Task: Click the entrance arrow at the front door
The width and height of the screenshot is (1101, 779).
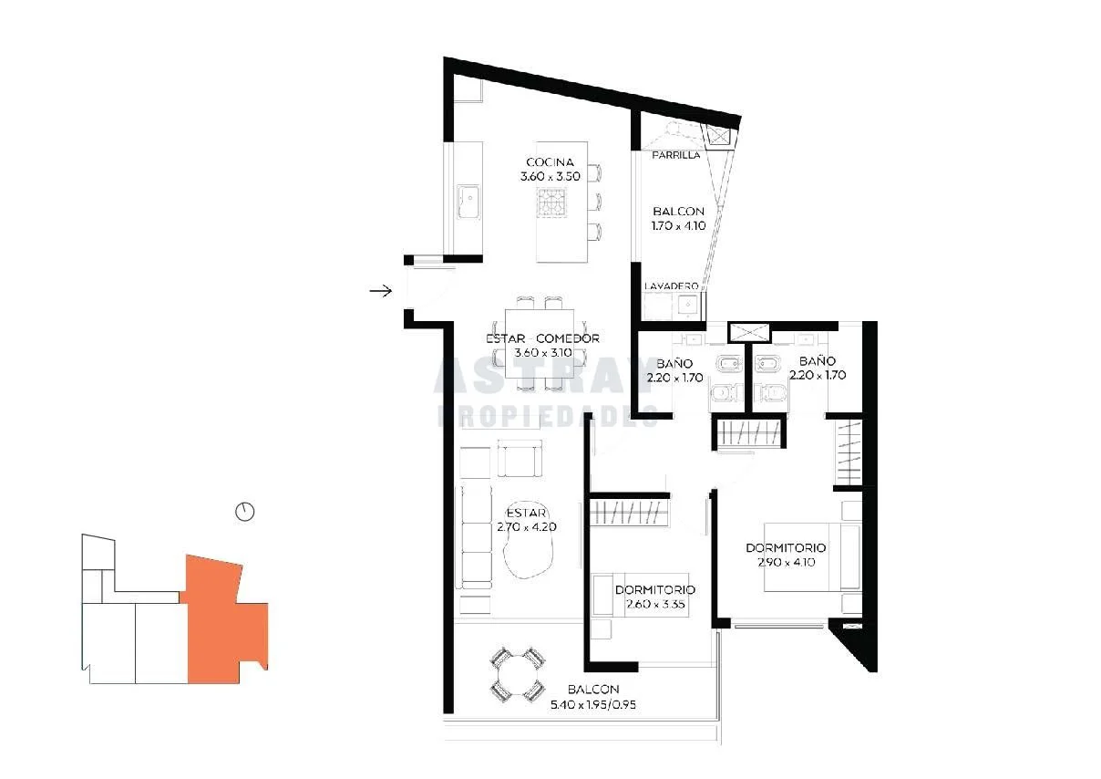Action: (x=380, y=291)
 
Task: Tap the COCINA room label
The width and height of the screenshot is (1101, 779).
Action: (x=550, y=162)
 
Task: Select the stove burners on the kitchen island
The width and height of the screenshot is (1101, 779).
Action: (x=551, y=203)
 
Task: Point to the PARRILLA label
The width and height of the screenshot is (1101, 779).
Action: (x=676, y=155)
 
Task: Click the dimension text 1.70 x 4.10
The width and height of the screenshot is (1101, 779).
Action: (x=678, y=226)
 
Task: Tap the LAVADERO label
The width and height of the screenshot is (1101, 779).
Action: (x=671, y=286)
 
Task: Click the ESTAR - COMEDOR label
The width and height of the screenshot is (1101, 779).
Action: (x=542, y=338)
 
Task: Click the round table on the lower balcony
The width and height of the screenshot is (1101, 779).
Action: (x=517, y=675)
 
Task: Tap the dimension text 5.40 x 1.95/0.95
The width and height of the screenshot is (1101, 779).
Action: (x=592, y=705)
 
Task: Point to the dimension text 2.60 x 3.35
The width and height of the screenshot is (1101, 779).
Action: (x=655, y=604)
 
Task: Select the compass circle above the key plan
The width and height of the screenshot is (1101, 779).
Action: (x=245, y=512)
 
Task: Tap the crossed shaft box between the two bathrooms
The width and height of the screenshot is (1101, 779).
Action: (x=748, y=332)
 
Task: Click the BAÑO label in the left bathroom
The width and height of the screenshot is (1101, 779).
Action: (x=674, y=364)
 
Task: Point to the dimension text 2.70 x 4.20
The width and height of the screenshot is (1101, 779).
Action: (x=527, y=527)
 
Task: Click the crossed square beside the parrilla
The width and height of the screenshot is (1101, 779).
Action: (x=719, y=136)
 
